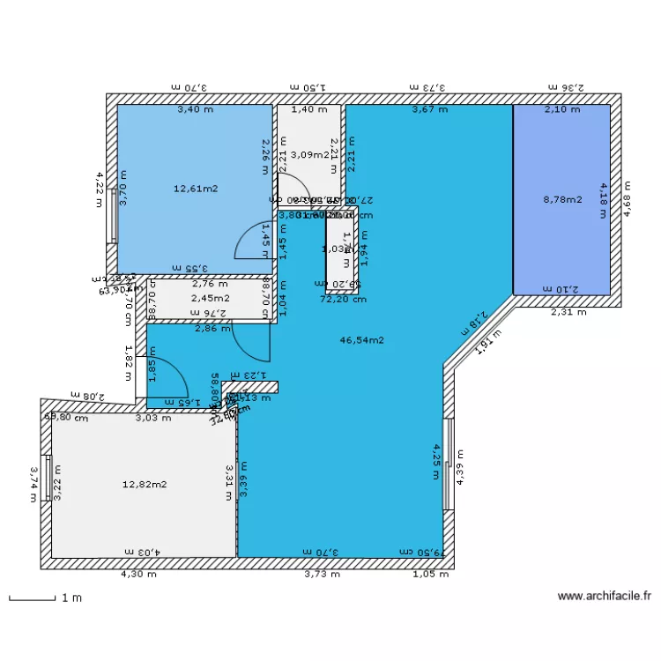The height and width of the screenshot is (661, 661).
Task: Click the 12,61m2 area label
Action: (x=196, y=188)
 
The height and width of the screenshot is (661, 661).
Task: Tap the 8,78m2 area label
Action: (x=562, y=199)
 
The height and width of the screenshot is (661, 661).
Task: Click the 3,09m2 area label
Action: (x=309, y=155)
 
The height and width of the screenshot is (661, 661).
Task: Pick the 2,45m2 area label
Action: (x=210, y=298)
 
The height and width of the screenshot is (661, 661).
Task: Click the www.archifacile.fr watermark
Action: (x=605, y=597)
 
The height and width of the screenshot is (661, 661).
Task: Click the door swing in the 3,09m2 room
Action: (x=294, y=187)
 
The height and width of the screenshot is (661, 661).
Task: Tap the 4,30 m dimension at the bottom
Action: (x=138, y=575)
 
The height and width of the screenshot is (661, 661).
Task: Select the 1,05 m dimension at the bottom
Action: (x=431, y=575)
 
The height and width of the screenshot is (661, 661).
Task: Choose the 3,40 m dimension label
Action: (x=195, y=110)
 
